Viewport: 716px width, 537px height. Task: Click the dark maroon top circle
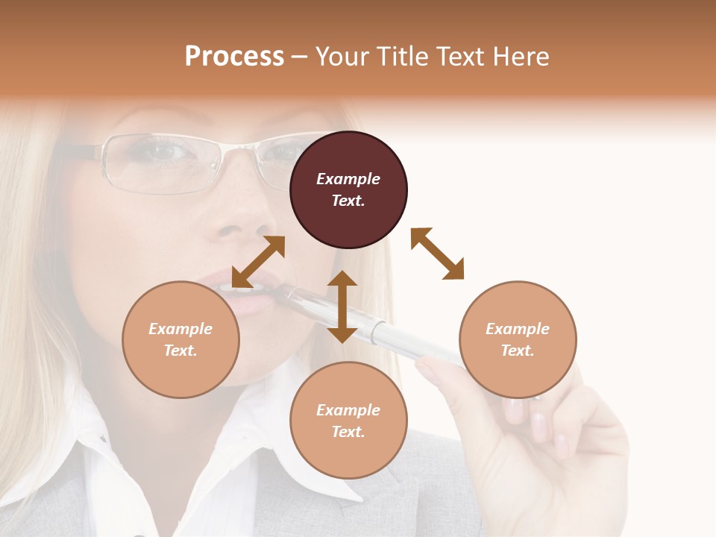pos(348,189)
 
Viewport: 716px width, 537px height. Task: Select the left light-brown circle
pos(180,339)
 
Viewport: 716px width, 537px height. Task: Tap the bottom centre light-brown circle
pos(348,420)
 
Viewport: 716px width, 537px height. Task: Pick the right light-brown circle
pos(518,339)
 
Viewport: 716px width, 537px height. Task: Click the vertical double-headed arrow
pos(342,307)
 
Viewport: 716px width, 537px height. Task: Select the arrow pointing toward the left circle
pos(258,261)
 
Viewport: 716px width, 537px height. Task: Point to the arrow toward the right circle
pos(438,254)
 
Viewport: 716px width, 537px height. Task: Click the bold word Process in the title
pos(234,56)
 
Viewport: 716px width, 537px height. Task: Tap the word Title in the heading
pos(401,56)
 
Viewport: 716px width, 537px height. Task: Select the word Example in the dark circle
pos(348,179)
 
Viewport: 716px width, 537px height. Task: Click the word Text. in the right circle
pos(518,351)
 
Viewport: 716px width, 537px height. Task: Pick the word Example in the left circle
pos(180,329)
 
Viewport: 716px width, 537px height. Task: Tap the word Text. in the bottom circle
pos(348,432)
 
